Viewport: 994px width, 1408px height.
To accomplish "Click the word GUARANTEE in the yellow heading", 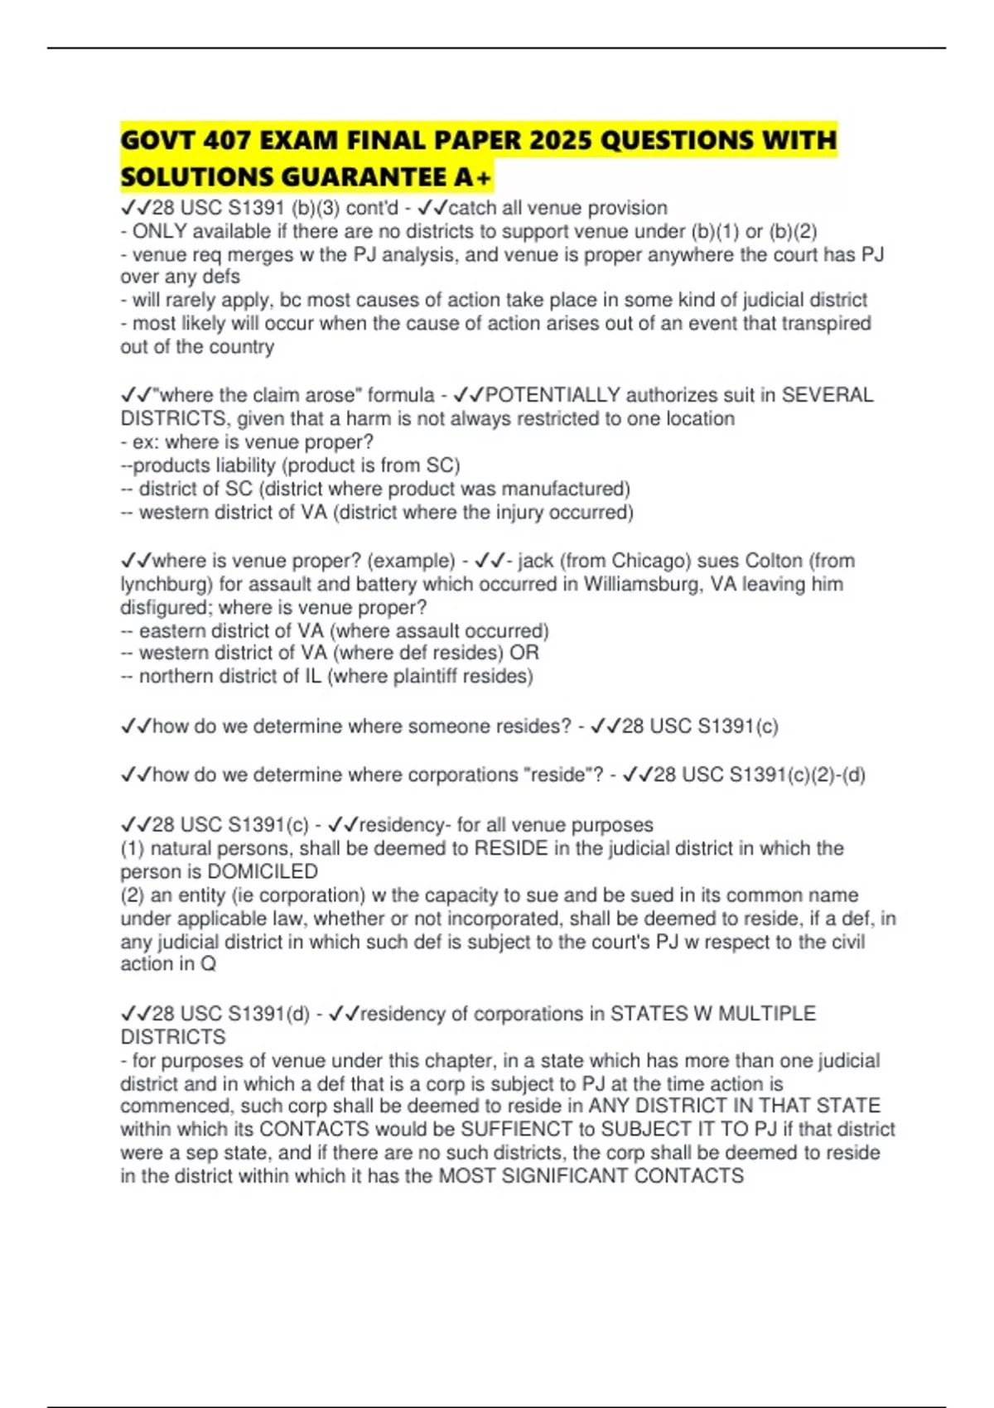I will (x=366, y=177).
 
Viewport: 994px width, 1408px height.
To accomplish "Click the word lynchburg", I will (x=166, y=585).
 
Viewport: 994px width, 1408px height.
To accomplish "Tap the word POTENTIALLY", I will (x=552, y=395).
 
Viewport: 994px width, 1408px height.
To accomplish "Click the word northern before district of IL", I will (x=174, y=677).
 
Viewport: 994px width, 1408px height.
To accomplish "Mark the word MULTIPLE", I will (x=766, y=1014).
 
